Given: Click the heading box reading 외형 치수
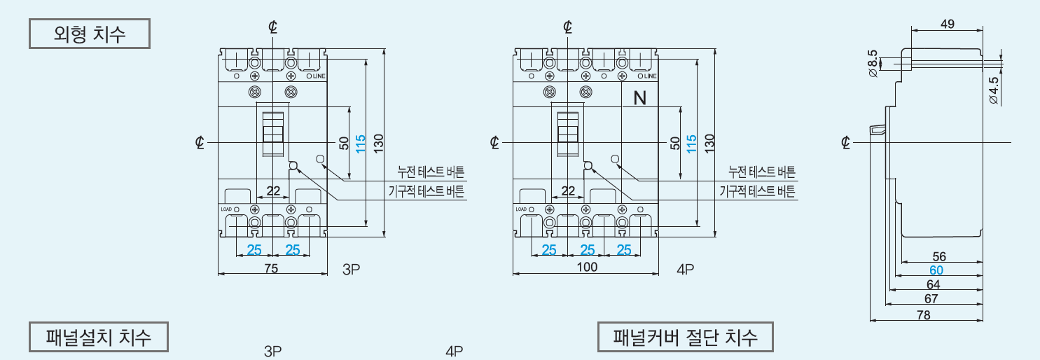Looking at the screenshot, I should tap(89, 34).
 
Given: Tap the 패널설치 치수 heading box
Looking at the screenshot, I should tap(99, 338).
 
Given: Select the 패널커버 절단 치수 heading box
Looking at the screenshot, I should tap(686, 338).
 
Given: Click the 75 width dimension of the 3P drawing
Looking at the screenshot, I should tap(272, 268).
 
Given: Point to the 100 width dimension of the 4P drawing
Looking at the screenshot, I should tap(586, 268).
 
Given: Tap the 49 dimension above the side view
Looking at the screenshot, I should tap(947, 24).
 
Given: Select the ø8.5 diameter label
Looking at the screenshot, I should tap(873, 63).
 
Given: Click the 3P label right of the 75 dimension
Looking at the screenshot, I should tap(351, 268).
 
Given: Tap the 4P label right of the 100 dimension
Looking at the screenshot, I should tap(685, 268).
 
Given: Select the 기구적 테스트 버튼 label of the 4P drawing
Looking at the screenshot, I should tap(757, 191).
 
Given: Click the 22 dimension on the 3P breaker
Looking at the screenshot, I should tap(273, 191).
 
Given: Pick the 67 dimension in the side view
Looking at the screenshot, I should tap(931, 298).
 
